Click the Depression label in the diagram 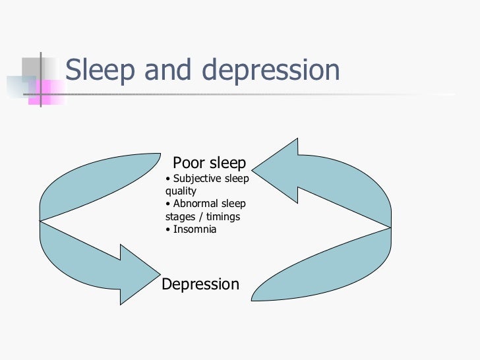point(200,284)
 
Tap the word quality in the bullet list point(181,191)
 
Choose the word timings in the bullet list point(222,216)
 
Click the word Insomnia point(195,229)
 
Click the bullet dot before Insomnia point(168,229)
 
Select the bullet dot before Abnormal point(168,204)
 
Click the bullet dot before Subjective point(168,179)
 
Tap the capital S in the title point(74,70)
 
